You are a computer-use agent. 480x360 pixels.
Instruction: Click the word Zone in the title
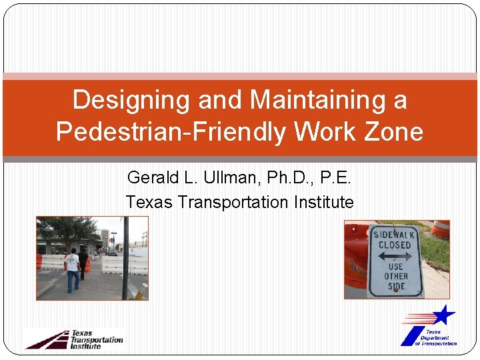[x=393, y=131]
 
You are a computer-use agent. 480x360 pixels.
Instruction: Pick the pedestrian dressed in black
[x=83, y=263]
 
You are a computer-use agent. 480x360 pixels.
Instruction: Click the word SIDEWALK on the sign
[x=395, y=235]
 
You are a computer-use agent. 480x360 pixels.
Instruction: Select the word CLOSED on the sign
[x=395, y=245]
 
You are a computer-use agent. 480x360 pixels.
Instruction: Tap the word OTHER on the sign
[x=395, y=276]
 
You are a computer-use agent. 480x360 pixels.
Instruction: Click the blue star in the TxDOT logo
[x=443, y=314]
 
